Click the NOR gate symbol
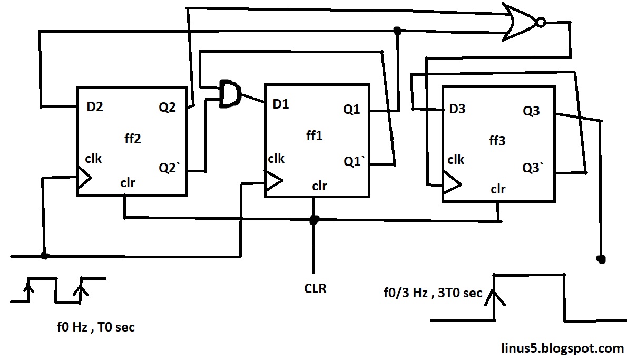(x=522, y=22)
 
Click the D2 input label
(x=95, y=108)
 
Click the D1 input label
(x=281, y=104)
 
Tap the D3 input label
(x=457, y=109)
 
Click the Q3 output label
(x=531, y=112)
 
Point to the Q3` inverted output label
(x=533, y=169)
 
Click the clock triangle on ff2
(x=84, y=179)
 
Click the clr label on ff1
(x=319, y=186)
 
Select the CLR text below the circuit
(x=315, y=288)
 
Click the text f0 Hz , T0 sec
(x=95, y=327)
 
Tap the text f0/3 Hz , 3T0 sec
(x=433, y=293)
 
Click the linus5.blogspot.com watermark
(x=562, y=348)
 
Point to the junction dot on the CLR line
(x=314, y=220)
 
